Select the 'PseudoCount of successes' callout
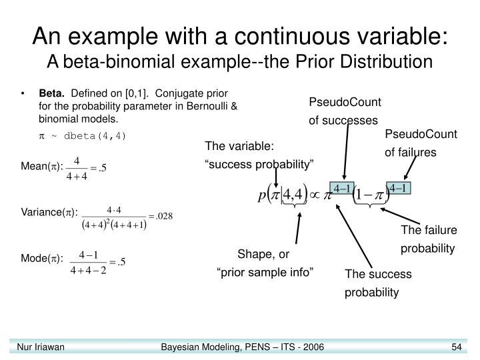[344, 111]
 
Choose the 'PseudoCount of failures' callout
[421, 143]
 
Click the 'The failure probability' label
[428, 239]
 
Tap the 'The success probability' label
[378, 283]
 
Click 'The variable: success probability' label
[259, 155]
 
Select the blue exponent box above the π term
[342, 188]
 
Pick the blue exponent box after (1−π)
[402, 188]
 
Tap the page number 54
[457, 347]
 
